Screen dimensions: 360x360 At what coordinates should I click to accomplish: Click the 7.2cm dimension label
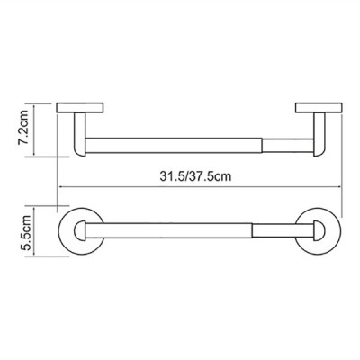click(23, 128)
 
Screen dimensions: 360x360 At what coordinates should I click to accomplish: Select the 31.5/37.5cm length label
click(195, 176)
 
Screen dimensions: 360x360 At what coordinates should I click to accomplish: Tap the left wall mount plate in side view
click(80, 108)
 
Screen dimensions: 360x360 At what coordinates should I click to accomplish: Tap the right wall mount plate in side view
click(319, 108)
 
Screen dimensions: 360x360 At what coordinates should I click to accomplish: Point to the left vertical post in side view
click(80, 134)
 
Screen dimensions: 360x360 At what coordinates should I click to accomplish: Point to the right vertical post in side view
click(319, 134)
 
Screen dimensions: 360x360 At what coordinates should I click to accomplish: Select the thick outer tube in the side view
click(174, 146)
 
